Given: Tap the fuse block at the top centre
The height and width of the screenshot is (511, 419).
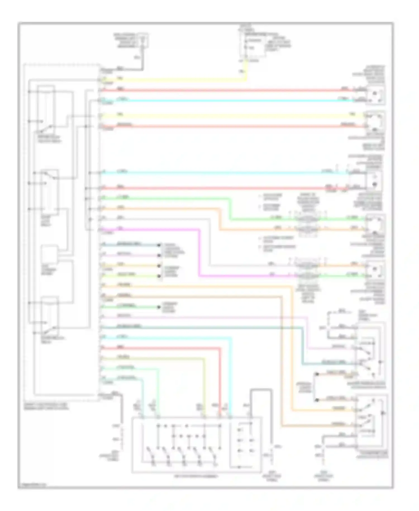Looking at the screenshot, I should [x=253, y=45].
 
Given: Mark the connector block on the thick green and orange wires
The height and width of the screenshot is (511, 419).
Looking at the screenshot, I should [x=307, y=223].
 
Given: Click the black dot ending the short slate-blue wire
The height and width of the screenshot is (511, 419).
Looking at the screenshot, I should [x=159, y=245].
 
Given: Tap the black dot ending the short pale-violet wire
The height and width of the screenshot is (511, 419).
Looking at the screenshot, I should [x=159, y=255].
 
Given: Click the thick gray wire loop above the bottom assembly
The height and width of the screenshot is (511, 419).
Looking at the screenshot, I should [x=261, y=390].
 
